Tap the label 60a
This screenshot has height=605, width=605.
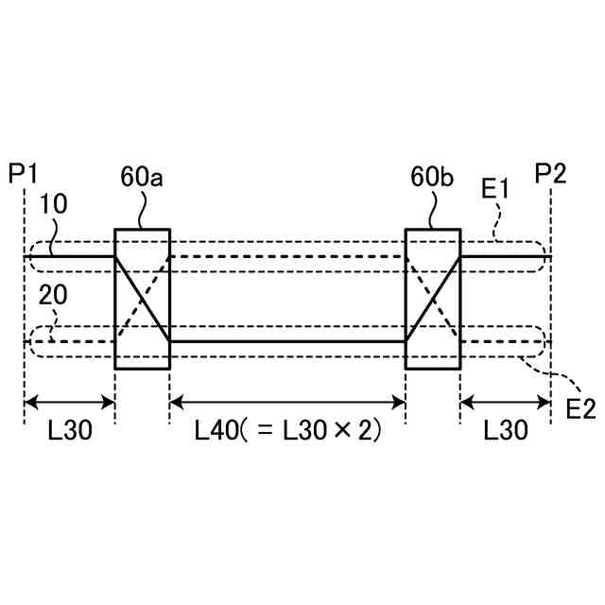[143, 176]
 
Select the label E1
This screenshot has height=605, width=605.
[495, 189]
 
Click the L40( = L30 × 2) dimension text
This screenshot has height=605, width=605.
[287, 431]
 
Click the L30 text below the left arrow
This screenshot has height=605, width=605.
[69, 431]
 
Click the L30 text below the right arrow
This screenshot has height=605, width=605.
[505, 431]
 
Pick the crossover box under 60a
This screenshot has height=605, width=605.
[142, 298]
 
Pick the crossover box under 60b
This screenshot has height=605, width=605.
[432, 298]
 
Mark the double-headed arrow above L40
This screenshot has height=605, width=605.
[287, 402]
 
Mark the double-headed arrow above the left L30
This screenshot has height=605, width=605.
[69, 402]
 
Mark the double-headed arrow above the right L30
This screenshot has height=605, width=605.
[505, 402]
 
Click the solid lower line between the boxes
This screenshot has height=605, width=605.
[287, 340]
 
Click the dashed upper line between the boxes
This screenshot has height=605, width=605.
[287, 256]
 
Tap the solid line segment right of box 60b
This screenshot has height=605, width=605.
[505, 256]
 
